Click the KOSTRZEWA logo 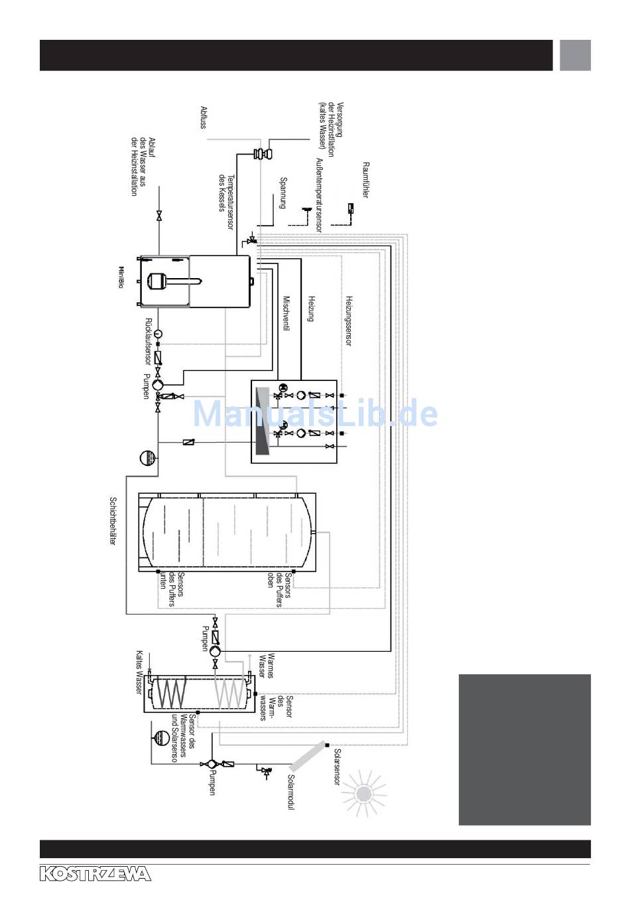point(95,873)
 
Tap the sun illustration point(363,794)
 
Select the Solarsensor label point(337,767)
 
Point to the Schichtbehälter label point(113,521)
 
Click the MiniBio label point(121,277)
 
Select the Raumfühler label point(365,179)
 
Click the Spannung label point(283,193)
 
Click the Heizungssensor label point(348,321)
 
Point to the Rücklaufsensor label point(148,341)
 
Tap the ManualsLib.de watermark point(315,413)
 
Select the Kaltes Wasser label point(139,672)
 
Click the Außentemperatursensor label point(319,194)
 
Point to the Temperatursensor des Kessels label point(226,194)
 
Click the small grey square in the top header point(575,55)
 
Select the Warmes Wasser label point(266,664)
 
